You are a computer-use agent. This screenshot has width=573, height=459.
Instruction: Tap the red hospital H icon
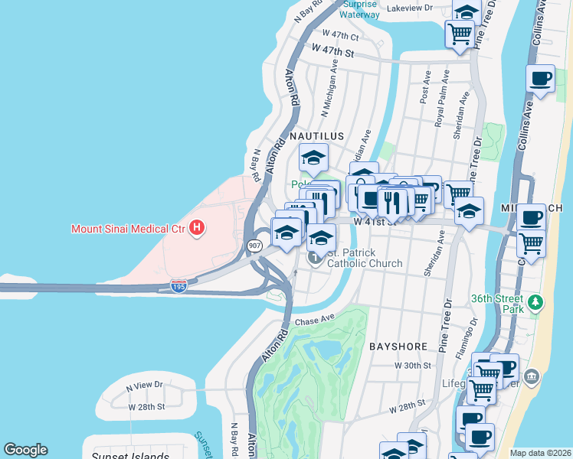(198, 227)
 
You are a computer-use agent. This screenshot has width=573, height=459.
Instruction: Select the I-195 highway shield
(178, 285)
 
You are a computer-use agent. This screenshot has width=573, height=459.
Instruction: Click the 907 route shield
(254, 246)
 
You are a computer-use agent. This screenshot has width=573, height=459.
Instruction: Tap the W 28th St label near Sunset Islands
(146, 406)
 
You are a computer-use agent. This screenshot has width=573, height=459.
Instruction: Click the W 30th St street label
(413, 366)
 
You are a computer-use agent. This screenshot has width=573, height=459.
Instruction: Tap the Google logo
(25, 450)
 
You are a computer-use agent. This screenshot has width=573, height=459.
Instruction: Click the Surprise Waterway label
(359, 8)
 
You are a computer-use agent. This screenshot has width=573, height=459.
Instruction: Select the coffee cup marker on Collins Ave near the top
(541, 79)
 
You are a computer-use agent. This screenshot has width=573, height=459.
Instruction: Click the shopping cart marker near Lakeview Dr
(460, 34)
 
